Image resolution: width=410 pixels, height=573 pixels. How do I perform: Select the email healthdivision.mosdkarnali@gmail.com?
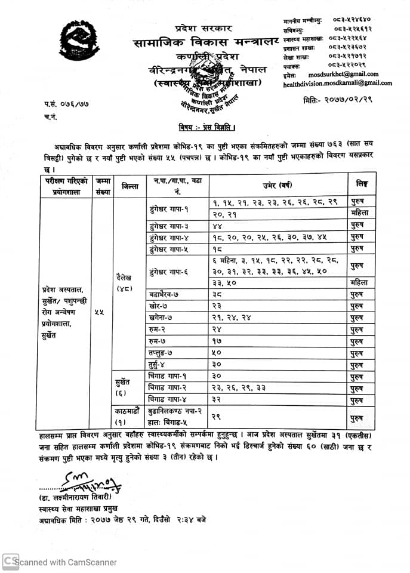(x=338, y=84)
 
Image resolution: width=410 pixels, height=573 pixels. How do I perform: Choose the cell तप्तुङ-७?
(x=162, y=352)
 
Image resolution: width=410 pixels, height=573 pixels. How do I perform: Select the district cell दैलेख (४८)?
(x=127, y=283)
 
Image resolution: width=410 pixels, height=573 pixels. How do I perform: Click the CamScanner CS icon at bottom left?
(x=10, y=561)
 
